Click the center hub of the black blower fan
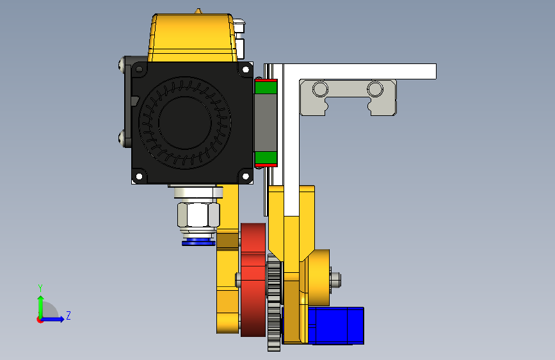tap(185, 122)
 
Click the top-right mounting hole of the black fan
tap(245, 69)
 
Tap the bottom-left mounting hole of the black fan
tap(139, 176)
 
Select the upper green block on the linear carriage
tap(266, 87)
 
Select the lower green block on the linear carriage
tap(266, 158)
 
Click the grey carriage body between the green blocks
tap(266, 123)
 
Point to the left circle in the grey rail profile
tap(320, 89)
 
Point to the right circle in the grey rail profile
tap(375, 89)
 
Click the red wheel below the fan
tap(253, 280)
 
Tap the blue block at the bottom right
tap(336, 325)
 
